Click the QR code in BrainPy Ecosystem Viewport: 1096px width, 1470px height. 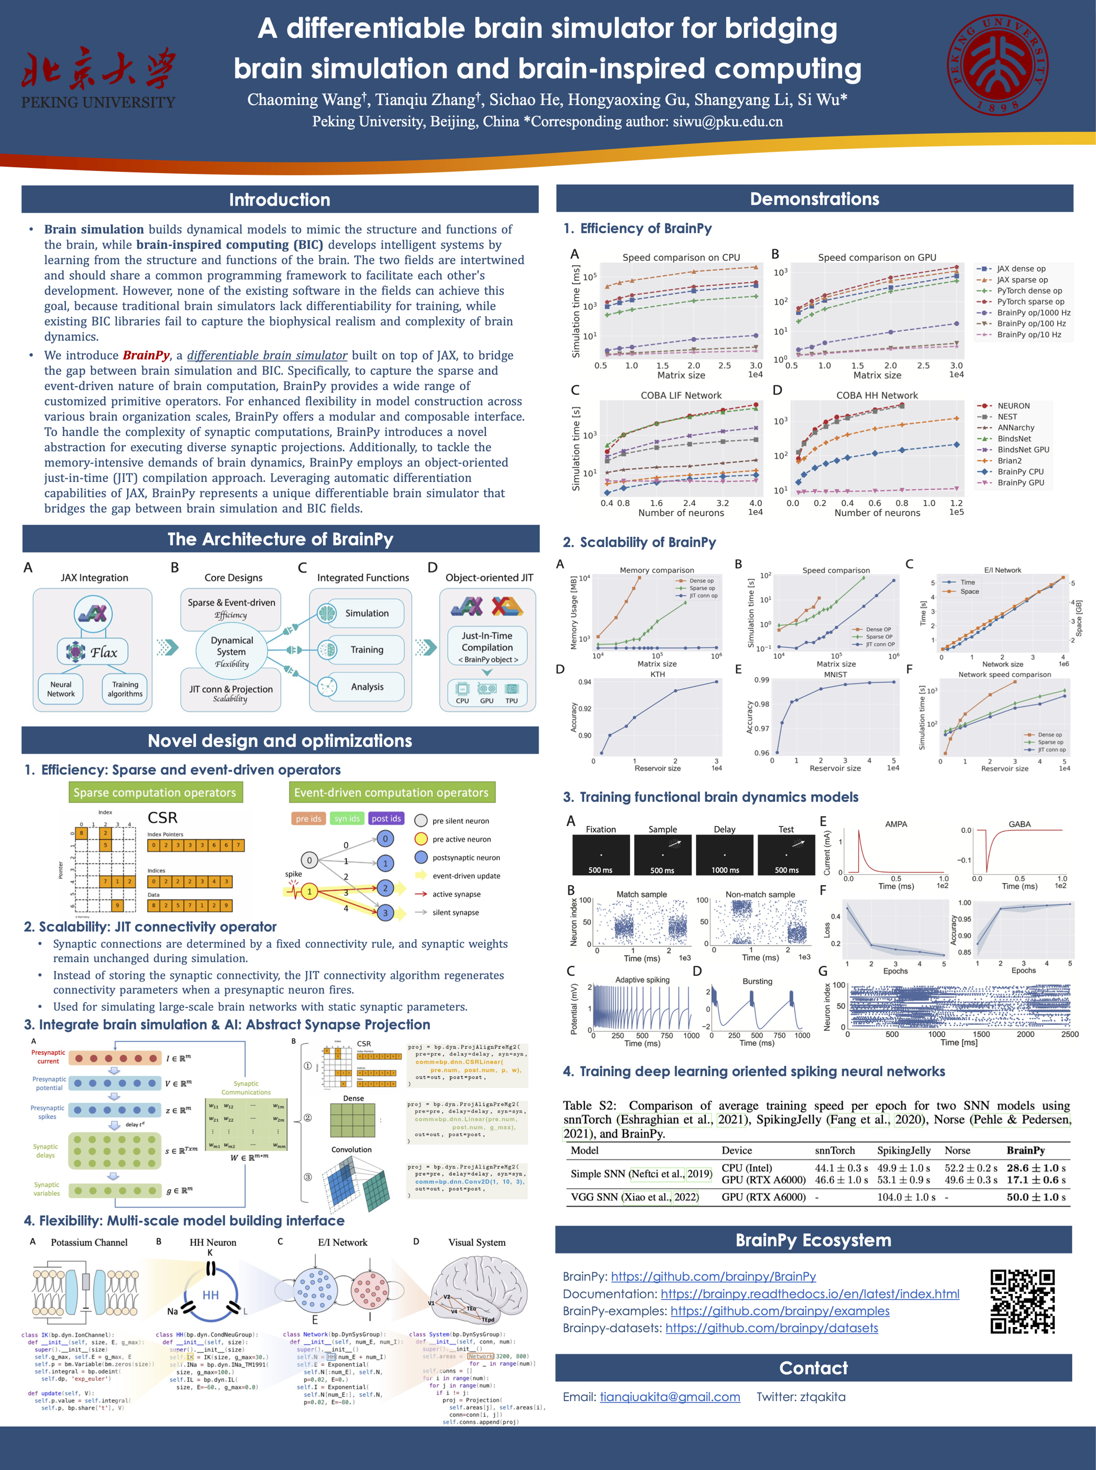pos(1023,1302)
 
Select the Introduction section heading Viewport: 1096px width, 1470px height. pos(279,200)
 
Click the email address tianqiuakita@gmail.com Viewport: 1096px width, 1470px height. pos(669,1396)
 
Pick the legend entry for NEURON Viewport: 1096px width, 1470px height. pos(1013,405)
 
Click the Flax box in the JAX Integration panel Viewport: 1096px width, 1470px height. pos(93,652)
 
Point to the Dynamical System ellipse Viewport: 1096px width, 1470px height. pos(232,652)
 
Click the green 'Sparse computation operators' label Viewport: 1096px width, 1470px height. pos(155,792)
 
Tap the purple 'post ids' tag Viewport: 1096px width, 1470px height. pos(386,818)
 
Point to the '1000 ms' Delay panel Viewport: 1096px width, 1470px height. pos(725,855)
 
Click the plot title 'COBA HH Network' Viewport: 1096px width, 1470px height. pos(877,395)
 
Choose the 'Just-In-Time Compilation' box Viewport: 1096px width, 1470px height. pos(487,642)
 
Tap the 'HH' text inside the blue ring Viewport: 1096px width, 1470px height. pos(210,1295)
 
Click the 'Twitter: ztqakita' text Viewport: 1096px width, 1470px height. pos(801,1396)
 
